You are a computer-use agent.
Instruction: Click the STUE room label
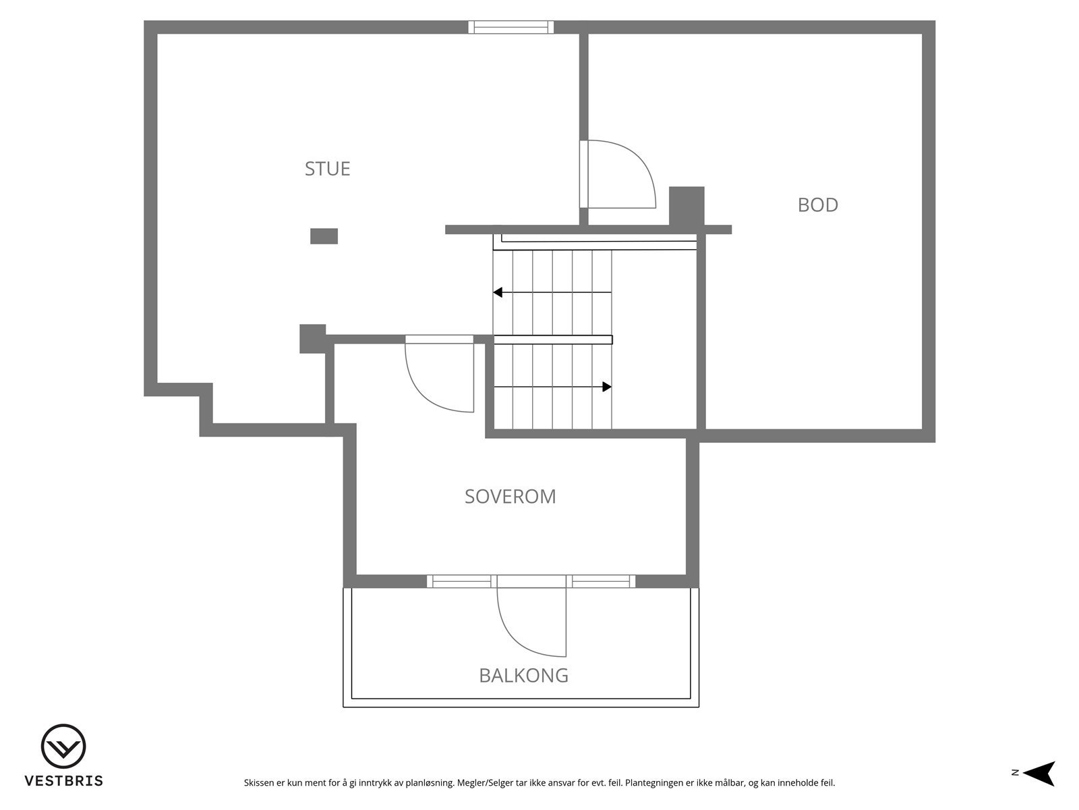pyautogui.click(x=327, y=168)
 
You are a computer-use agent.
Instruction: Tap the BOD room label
pyautogui.click(x=817, y=205)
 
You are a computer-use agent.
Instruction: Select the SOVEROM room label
pyautogui.click(x=511, y=496)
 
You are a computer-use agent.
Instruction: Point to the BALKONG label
pyautogui.click(x=523, y=675)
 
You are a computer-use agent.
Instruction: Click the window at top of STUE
pyautogui.click(x=511, y=27)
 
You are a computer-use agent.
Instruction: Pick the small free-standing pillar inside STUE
pyautogui.click(x=324, y=236)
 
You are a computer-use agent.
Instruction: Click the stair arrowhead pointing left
pyautogui.click(x=498, y=292)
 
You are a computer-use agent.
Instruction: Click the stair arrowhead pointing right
pyautogui.click(x=607, y=387)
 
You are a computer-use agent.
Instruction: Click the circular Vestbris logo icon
pyautogui.click(x=63, y=747)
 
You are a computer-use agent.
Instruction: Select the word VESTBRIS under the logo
pyautogui.click(x=63, y=781)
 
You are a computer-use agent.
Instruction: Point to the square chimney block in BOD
pyautogui.click(x=687, y=206)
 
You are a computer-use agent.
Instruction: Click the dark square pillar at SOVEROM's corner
pyautogui.click(x=312, y=338)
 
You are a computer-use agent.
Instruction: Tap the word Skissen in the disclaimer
pyautogui.click(x=259, y=784)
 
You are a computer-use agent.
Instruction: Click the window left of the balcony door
pyautogui.click(x=461, y=581)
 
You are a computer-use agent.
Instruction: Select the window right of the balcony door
pyautogui.click(x=602, y=581)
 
